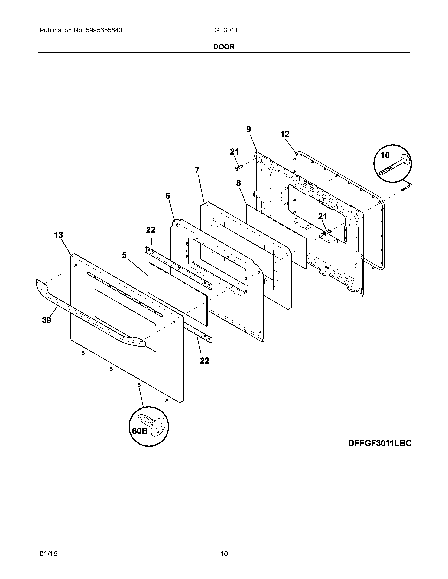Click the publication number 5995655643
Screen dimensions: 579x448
click(x=104, y=31)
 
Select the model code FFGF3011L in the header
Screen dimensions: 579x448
click(x=224, y=31)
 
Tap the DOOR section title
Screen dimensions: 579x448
click(x=224, y=47)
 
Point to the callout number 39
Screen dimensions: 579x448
click(x=47, y=320)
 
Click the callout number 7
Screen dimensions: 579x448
click(x=197, y=170)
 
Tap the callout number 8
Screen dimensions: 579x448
click(x=238, y=183)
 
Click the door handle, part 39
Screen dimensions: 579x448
click(x=88, y=313)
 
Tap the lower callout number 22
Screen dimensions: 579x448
click(x=204, y=361)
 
